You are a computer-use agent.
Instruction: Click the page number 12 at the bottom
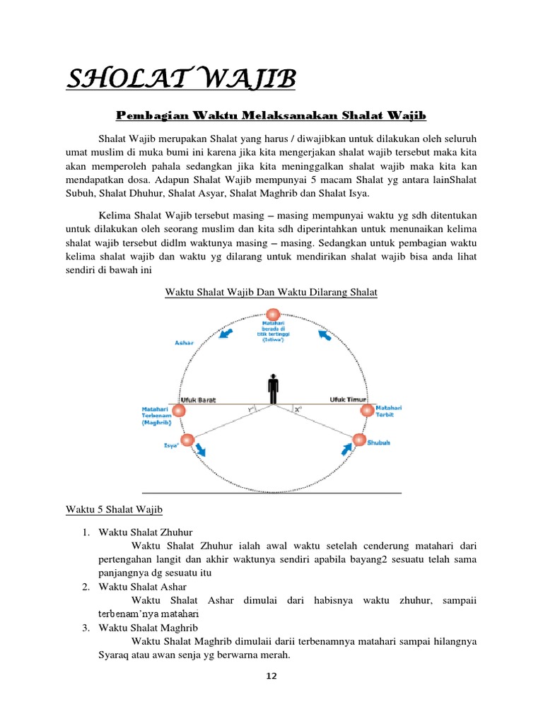[271, 676]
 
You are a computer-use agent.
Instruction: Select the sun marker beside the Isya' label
[187, 440]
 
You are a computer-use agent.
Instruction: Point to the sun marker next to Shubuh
[359, 440]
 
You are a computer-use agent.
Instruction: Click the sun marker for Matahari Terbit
[366, 411]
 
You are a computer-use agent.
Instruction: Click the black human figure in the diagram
[274, 390]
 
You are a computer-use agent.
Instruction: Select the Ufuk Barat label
[199, 400]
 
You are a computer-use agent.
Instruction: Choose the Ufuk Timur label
[344, 400]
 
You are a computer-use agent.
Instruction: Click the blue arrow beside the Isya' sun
[202, 449]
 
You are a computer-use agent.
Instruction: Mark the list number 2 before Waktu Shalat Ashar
[85, 587]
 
